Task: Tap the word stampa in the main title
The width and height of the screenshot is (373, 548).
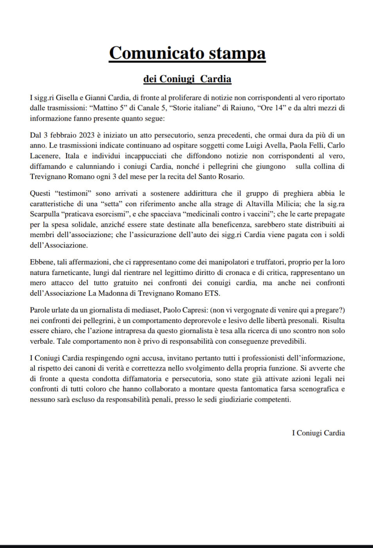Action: tap(237, 53)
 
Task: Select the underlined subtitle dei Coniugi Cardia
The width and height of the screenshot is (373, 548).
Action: tap(187, 79)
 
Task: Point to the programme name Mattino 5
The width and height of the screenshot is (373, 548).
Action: tap(109, 108)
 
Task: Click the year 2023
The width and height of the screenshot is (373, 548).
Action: tap(86, 135)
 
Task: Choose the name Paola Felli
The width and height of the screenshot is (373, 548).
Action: tap(306, 146)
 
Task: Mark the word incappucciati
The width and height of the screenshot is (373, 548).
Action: tap(145, 156)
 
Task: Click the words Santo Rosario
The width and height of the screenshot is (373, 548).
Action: tap(224, 177)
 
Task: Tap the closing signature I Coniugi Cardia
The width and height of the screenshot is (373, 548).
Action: tap(318, 433)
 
